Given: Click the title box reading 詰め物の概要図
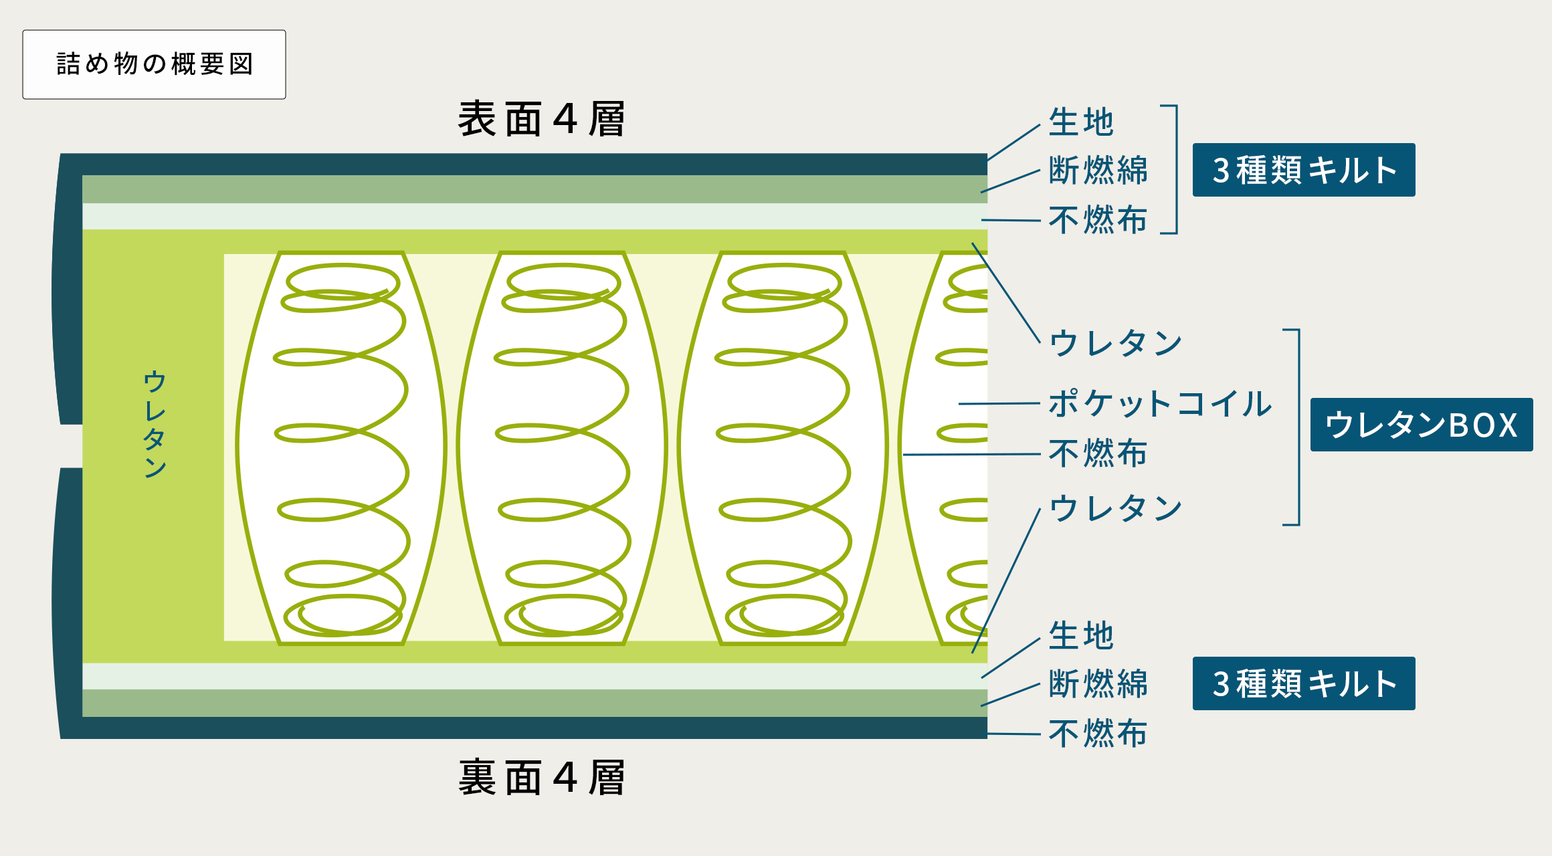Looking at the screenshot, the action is click(x=154, y=64).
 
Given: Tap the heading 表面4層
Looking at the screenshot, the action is click(x=542, y=120).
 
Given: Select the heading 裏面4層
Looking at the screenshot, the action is click(x=542, y=778).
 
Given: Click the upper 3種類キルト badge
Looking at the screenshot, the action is click(x=1304, y=170).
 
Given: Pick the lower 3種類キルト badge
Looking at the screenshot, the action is click(x=1304, y=683).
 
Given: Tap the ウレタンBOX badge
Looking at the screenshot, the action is click(x=1422, y=425).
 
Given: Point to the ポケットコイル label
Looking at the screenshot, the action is click(x=1160, y=404).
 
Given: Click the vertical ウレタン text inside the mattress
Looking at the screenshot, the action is click(x=155, y=424).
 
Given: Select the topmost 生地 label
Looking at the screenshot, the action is click(x=1081, y=122).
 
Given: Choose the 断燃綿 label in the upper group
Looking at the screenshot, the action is click(x=1098, y=170).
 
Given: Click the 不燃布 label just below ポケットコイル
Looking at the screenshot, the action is click(x=1098, y=453).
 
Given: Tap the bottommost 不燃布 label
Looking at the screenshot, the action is click(x=1098, y=734).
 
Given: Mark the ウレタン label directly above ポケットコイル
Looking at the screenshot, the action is click(x=1115, y=343).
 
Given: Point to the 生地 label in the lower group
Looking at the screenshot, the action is click(x=1081, y=635).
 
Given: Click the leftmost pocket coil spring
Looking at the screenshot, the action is click(x=341, y=448).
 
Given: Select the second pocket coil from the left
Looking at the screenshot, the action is click(x=562, y=448).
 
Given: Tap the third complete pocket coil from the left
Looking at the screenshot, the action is click(x=783, y=448).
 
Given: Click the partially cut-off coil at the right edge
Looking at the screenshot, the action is click(x=943, y=448).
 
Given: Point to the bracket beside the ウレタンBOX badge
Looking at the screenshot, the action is click(x=1299, y=427).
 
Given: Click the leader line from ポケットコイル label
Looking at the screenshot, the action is click(x=999, y=404).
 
